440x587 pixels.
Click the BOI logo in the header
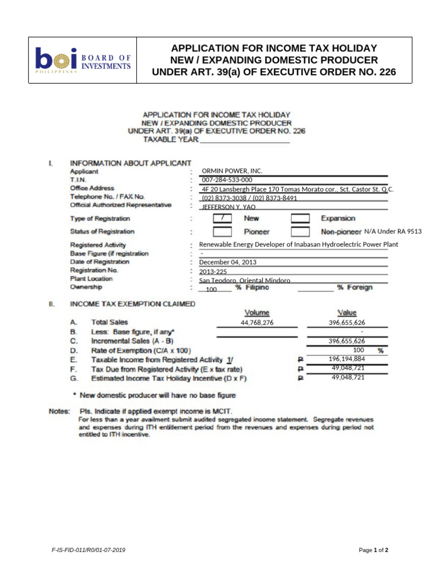83,60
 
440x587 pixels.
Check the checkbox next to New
222,218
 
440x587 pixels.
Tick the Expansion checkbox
300,218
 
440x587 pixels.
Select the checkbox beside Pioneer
222,232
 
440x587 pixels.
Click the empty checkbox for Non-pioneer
300,232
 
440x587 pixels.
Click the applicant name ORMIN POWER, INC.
232,171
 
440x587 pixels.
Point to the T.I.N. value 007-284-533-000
227,179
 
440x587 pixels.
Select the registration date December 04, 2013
227,262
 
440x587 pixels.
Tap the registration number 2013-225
214,271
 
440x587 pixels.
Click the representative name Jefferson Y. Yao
229,207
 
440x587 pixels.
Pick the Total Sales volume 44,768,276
257,323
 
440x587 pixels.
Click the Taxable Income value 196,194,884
347,359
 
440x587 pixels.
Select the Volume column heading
257,312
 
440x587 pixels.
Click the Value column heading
347,312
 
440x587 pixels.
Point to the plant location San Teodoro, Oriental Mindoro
245,280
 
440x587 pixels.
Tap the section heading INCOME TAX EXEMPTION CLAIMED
132,304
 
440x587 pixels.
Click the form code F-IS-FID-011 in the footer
89,550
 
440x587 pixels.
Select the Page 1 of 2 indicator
374,550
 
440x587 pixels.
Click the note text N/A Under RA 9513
393,232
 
